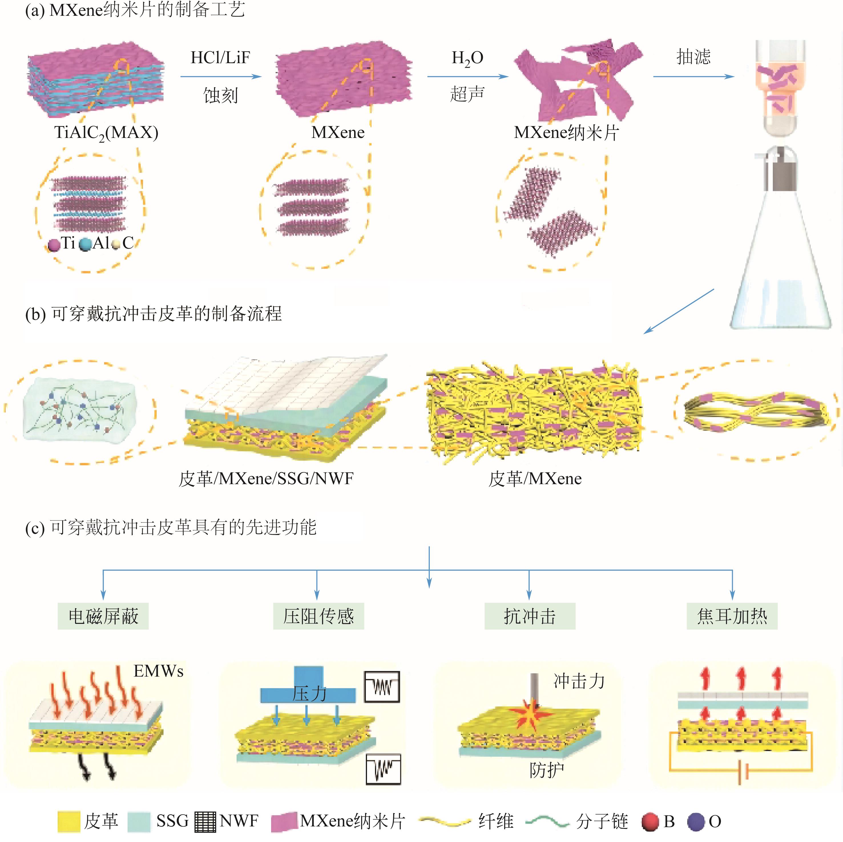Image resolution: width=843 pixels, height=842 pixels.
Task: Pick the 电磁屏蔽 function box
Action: coord(103,616)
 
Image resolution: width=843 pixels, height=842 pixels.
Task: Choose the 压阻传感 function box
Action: coord(318,616)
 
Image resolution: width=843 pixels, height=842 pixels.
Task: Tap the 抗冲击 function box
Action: coord(530,616)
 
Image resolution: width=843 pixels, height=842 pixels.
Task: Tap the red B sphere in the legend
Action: coord(650,821)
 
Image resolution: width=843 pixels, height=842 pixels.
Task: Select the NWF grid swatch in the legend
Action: coord(205,821)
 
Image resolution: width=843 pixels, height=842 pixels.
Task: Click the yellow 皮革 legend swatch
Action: coord(69,821)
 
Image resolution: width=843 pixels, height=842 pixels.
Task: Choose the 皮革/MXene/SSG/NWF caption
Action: coord(266,479)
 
